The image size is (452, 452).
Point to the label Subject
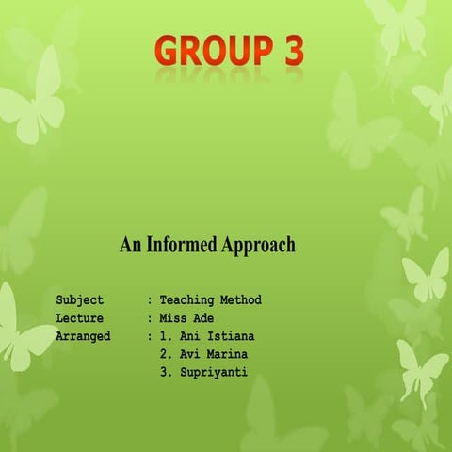[x=80, y=300]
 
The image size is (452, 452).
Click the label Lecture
[x=80, y=318]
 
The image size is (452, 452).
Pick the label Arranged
[x=84, y=336]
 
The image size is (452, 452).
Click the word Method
[x=241, y=300]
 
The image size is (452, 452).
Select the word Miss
[x=173, y=318]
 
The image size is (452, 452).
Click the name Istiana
[x=231, y=336]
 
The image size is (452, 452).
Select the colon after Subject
[x=150, y=300]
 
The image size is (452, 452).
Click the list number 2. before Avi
[x=165, y=354]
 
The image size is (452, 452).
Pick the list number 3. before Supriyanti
[x=165, y=372]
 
